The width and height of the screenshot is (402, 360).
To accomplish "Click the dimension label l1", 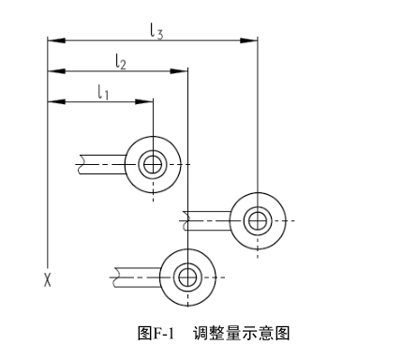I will tap(103, 91).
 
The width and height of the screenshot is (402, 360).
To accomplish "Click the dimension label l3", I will tap(156, 30).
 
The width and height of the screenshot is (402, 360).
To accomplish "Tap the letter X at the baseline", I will tap(46, 278).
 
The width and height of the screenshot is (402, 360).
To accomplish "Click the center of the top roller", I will tap(152, 165).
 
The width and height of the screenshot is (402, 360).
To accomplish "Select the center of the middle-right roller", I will tap(256, 221).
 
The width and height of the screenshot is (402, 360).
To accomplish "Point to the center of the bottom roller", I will tap(187, 277).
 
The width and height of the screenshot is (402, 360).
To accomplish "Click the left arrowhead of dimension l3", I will tap(54, 40).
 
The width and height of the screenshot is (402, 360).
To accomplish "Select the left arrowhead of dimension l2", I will tap(54, 70).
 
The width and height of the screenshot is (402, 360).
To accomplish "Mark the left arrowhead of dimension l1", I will tap(54, 101).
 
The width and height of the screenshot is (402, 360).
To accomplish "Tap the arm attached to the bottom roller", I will tap(136, 277).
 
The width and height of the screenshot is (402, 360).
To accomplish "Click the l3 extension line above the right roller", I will tap(257, 112).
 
